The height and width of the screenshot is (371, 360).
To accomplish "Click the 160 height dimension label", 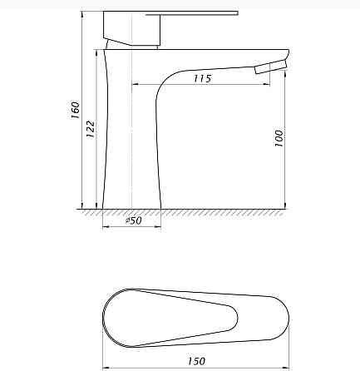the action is tap(75, 110).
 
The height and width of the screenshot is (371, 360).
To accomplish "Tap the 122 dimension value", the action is tap(91, 129).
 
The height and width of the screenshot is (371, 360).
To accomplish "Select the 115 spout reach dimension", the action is tap(202, 78).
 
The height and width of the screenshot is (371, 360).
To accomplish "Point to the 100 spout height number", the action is tap(279, 138).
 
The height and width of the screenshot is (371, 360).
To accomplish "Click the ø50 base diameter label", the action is tap(134, 220).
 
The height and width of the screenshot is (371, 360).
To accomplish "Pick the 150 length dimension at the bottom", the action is tap(196, 361).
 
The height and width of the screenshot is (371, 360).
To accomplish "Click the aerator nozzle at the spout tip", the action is tap(270, 67).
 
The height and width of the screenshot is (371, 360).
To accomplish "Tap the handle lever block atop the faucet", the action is tap(131, 28).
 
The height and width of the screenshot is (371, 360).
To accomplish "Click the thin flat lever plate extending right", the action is tap(192, 13).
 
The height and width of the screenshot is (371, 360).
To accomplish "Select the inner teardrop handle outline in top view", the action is tap(170, 318).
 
